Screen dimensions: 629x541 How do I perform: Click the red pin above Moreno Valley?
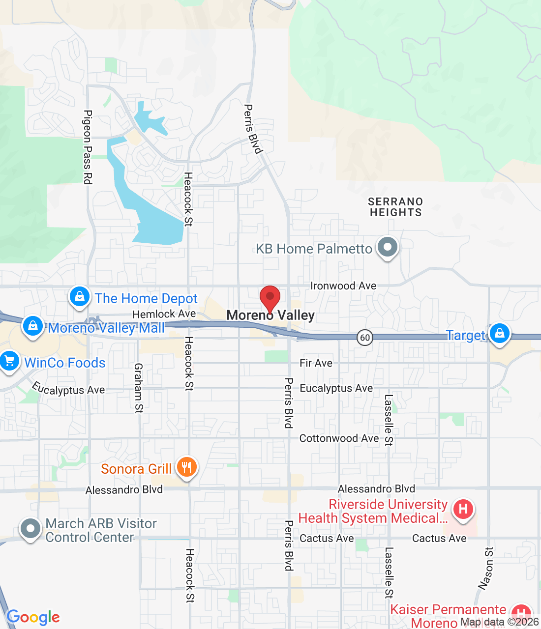pyautogui.click(x=270, y=297)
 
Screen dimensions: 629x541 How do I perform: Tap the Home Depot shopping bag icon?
pyautogui.click(x=79, y=297)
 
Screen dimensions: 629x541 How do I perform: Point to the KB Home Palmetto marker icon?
pyautogui.click(x=388, y=247)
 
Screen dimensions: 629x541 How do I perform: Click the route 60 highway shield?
pyautogui.click(x=364, y=338)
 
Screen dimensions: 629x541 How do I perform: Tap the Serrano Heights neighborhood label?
pyautogui.click(x=395, y=207)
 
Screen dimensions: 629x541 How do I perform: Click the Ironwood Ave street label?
pyautogui.click(x=343, y=286)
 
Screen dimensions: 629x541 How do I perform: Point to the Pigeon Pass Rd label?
pyautogui.click(x=88, y=147)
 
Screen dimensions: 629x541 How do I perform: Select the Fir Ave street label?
pyautogui.click(x=316, y=363)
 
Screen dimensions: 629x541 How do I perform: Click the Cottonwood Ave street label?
pyautogui.click(x=339, y=438)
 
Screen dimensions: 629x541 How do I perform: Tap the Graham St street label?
pyautogui.click(x=139, y=388)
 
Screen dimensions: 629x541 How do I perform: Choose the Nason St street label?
pyautogui.click(x=486, y=568)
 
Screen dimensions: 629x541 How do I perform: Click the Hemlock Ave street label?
pyautogui.click(x=164, y=314)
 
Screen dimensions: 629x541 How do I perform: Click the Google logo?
pyautogui.click(x=33, y=618)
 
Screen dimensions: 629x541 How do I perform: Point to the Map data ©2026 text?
pyautogui.click(x=500, y=622)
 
